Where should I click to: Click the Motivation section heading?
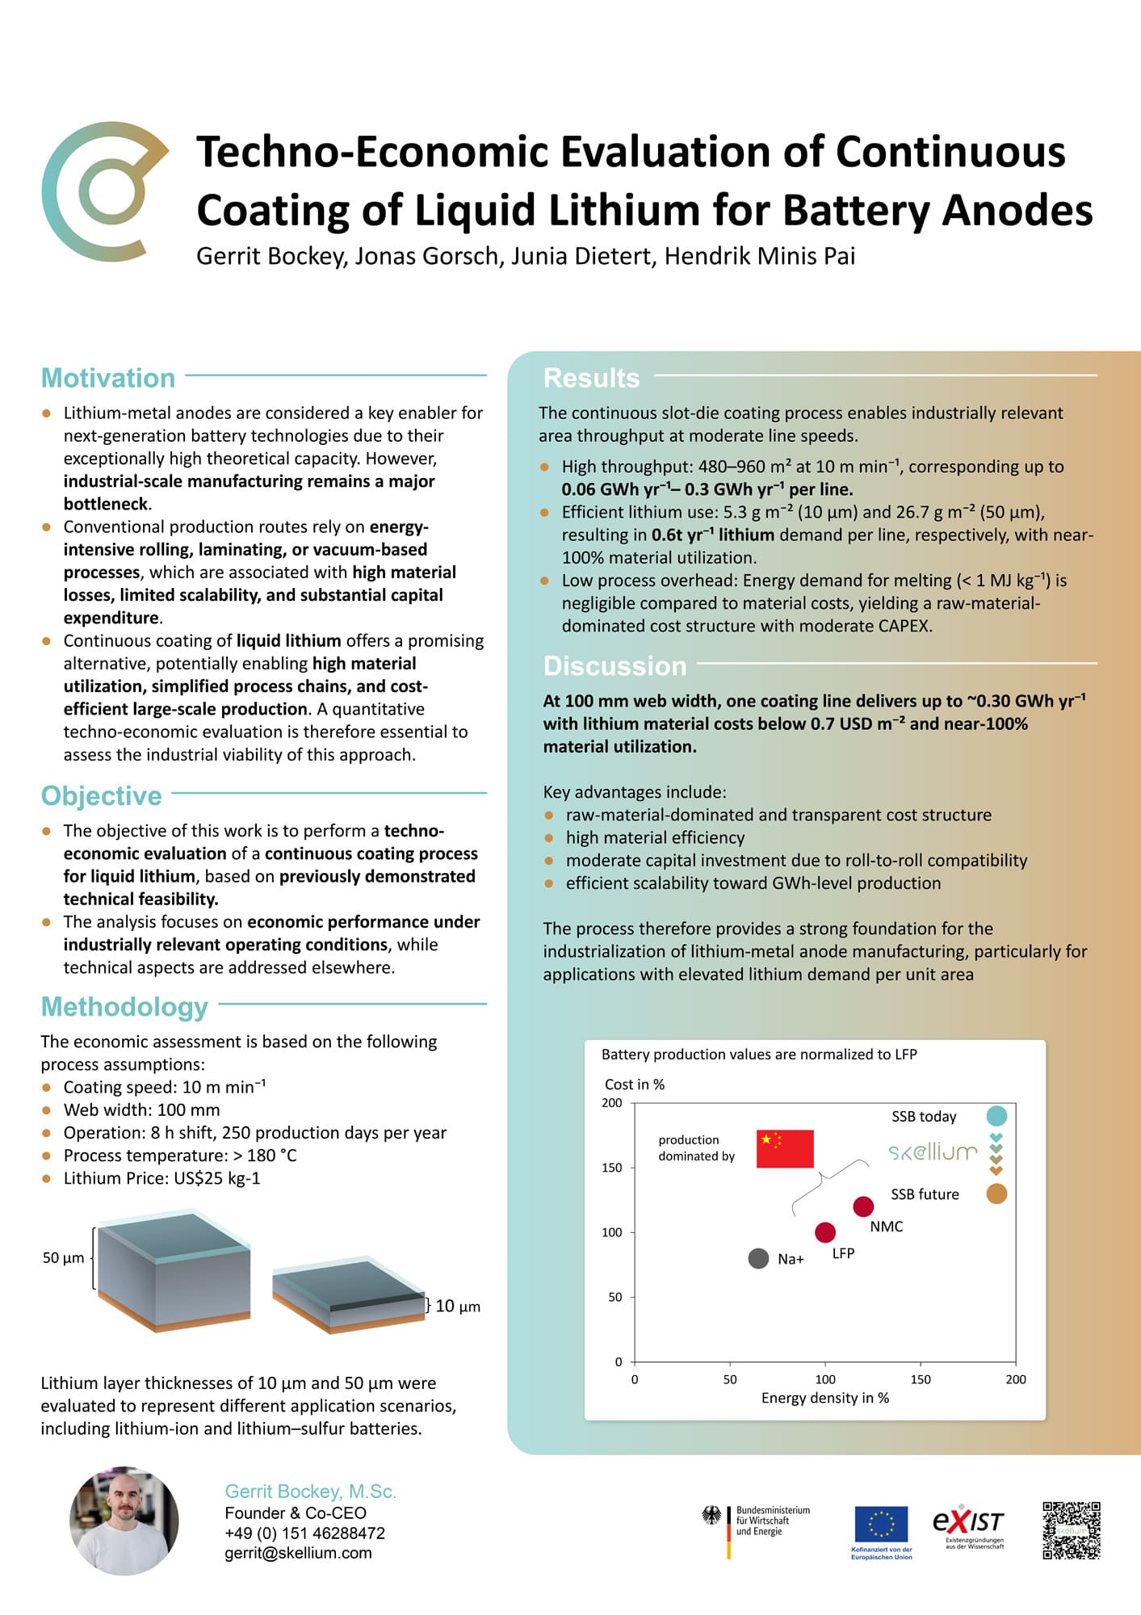[x=108, y=378]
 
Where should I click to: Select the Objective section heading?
[x=102, y=795]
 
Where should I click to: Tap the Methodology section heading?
[x=124, y=1007]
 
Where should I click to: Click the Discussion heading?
[x=615, y=666]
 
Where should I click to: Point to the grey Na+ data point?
[x=758, y=1258]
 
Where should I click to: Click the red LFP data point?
[x=824, y=1232]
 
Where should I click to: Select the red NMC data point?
[x=863, y=1206]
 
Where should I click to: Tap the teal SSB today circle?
[x=996, y=1116]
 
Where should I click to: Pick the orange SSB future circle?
[x=996, y=1193]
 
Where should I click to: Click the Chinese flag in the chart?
[x=784, y=1148]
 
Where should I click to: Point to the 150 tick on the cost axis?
[x=612, y=1168]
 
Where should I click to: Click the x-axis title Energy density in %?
[x=824, y=1398]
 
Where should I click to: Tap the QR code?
[x=1071, y=1530]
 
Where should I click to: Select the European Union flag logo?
[x=881, y=1525]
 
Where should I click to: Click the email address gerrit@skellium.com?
[x=298, y=1553]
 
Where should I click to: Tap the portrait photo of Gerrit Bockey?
[x=124, y=1521]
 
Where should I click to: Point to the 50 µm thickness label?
[x=63, y=1257]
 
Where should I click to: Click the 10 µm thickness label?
[x=457, y=1306]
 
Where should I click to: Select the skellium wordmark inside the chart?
[x=933, y=1152]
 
